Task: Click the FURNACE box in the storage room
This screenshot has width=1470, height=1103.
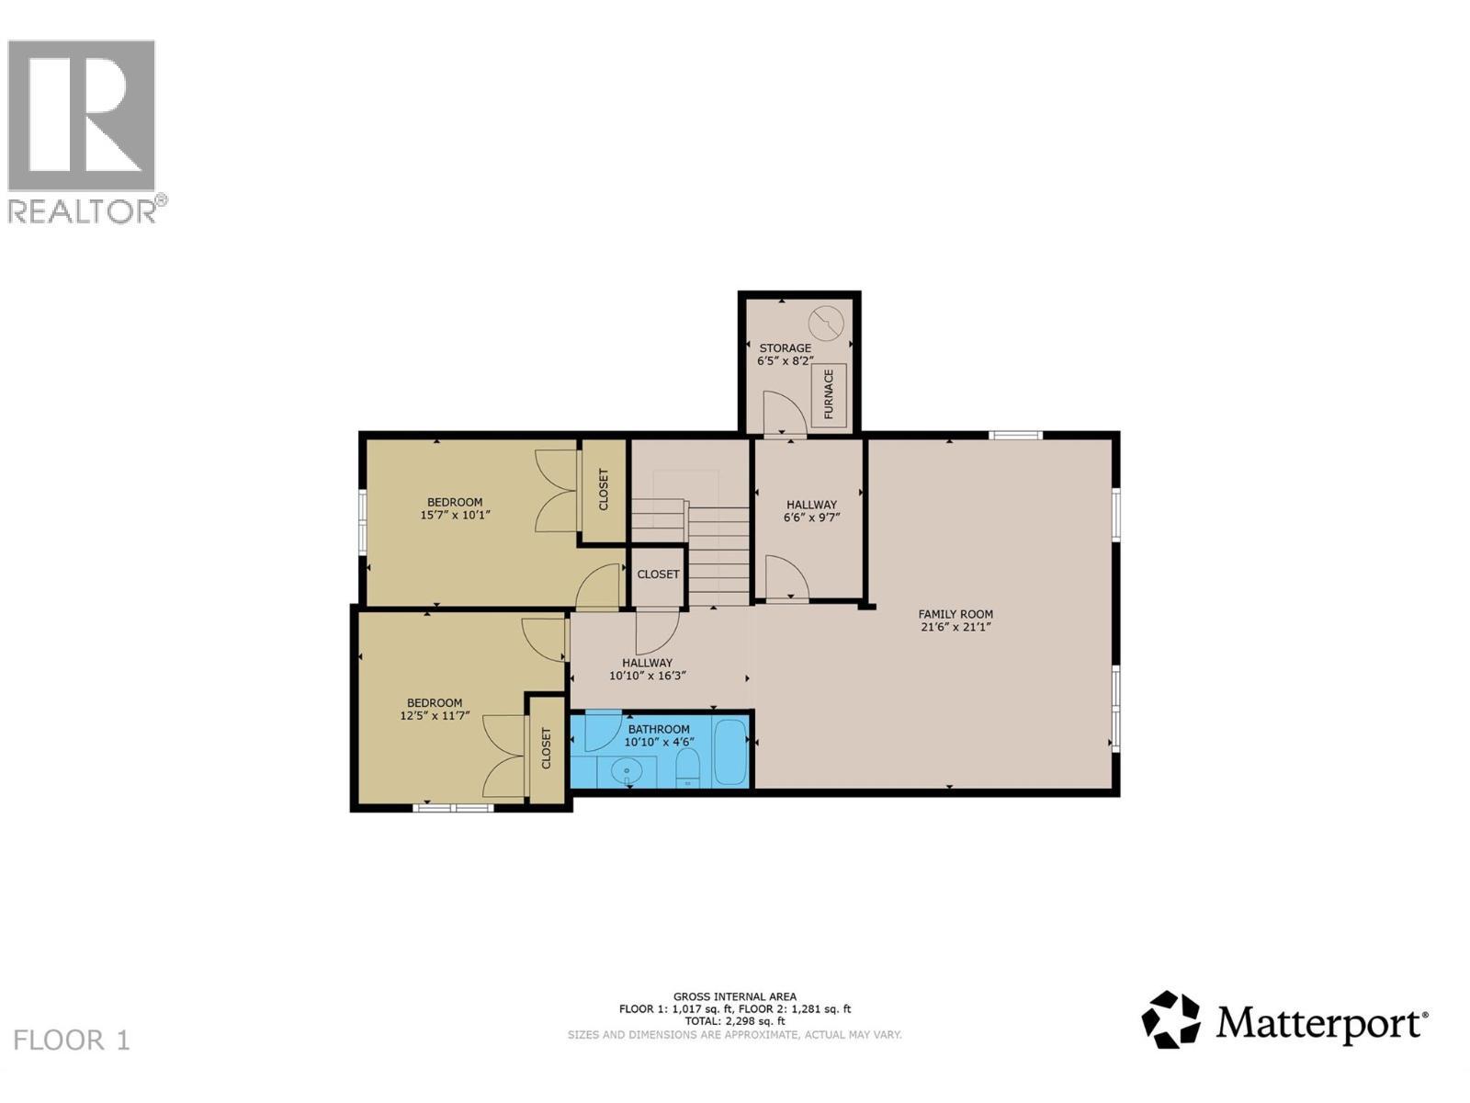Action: pos(829,393)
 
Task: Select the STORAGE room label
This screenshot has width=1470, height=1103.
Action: pos(785,348)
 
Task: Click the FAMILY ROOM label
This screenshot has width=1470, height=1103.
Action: pos(955,614)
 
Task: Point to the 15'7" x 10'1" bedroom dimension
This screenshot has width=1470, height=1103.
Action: pos(455,516)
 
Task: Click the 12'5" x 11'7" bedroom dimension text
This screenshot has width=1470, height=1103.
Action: pos(435,716)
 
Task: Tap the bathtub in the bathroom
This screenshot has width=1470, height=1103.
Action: pos(731,753)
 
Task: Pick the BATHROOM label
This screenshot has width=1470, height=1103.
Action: pos(659,730)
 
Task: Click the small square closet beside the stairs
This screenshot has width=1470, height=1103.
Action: pos(658,575)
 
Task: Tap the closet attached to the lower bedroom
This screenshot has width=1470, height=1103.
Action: pos(547,749)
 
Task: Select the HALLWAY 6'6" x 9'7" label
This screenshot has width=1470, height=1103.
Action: pos(811,511)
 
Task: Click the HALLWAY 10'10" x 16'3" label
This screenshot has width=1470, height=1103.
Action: pos(648,669)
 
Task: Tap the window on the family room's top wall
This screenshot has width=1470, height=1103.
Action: pos(1015,435)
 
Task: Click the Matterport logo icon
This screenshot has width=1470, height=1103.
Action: pos(1170,1019)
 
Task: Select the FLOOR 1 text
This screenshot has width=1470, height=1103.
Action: pos(73,1040)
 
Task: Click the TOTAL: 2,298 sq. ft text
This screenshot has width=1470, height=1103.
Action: pos(735,1021)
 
